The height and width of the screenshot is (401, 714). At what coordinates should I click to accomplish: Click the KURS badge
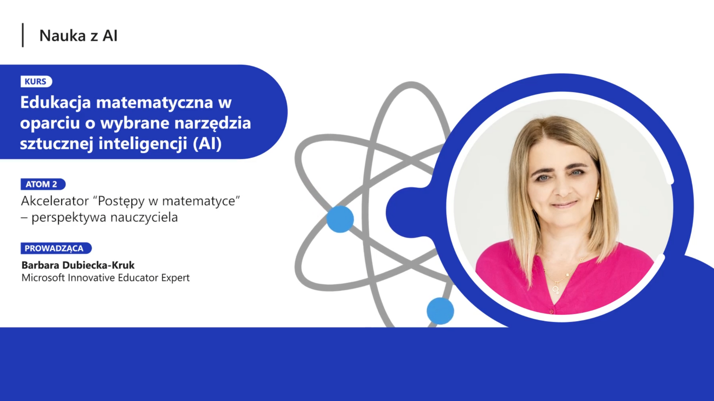(36, 81)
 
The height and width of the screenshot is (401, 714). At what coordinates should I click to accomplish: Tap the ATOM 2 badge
(43, 184)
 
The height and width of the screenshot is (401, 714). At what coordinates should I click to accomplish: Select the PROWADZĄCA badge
(56, 248)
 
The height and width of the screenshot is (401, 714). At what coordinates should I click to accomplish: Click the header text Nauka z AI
(78, 36)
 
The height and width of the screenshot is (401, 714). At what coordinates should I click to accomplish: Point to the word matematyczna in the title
(155, 102)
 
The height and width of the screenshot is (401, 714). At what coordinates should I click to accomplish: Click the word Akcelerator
(55, 201)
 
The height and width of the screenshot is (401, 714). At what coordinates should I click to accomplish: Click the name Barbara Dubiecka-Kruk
(78, 265)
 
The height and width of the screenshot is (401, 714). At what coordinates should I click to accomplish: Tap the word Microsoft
(43, 278)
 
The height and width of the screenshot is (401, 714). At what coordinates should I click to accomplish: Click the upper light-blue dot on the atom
(340, 219)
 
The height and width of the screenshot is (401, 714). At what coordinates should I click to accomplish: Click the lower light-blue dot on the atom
(440, 311)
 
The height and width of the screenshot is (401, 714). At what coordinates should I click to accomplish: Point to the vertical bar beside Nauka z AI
(23, 35)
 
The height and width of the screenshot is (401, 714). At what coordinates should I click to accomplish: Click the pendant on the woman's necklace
(556, 288)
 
